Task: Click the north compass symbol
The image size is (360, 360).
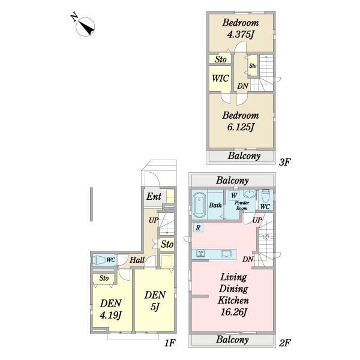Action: coord(85,26)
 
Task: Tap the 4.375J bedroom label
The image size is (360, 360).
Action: coord(241,29)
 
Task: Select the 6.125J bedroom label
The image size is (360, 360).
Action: coord(241,121)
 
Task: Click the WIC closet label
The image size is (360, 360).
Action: coord(220,78)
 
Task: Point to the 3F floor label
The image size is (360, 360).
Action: coord(284,163)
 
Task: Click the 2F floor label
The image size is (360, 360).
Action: coord(284,343)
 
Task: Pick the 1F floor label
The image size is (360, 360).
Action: coord(170,343)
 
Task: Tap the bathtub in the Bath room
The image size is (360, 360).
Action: coord(199,205)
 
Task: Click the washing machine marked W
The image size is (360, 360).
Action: coord(234,196)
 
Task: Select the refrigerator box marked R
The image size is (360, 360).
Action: coord(198,227)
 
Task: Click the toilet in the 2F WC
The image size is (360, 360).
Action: coord(265,196)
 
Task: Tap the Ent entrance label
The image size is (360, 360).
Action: coord(154,197)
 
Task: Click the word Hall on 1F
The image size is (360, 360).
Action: coord(137,260)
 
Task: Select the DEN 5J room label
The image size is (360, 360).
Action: coord(155,301)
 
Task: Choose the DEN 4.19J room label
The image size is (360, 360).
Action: coord(110,309)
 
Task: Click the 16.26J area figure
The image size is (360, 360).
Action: coord(233,312)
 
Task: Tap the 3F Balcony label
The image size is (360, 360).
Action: coord(244,156)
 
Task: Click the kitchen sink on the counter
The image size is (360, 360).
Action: coord(226,254)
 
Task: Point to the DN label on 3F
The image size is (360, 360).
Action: coord(242,86)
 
